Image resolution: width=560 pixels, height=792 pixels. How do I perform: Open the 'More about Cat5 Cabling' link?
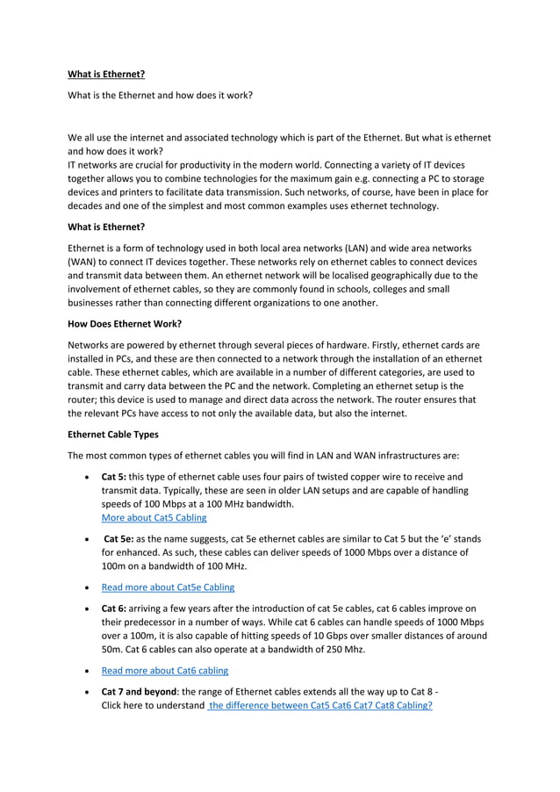tap(154, 518)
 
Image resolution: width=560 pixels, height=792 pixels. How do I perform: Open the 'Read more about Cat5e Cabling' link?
tap(168, 587)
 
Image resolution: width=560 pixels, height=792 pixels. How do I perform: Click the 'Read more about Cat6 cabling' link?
tap(164, 671)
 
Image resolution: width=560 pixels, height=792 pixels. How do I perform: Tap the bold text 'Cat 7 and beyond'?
tap(140, 692)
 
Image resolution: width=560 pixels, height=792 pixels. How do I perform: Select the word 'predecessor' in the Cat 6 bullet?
tap(141, 623)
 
